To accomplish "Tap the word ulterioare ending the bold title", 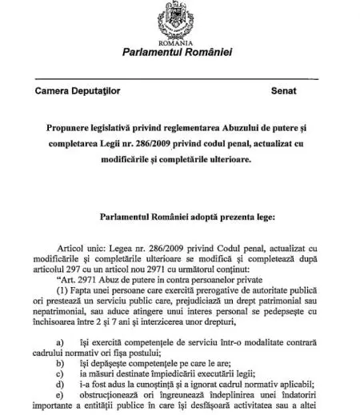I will [x=222, y=159].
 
